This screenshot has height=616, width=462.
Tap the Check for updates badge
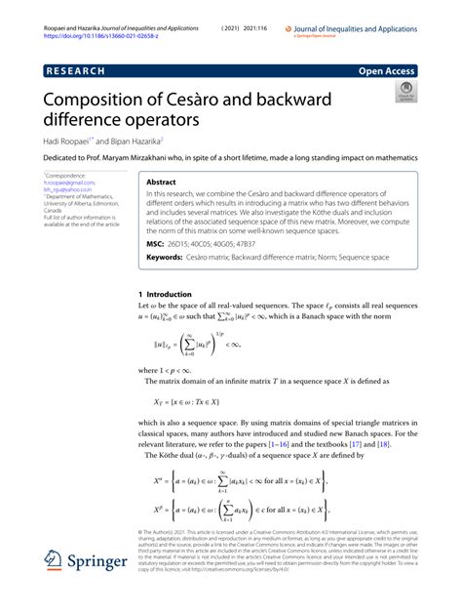(404, 94)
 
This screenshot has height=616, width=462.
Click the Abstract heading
(162, 183)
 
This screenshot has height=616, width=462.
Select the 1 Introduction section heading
(174, 293)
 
